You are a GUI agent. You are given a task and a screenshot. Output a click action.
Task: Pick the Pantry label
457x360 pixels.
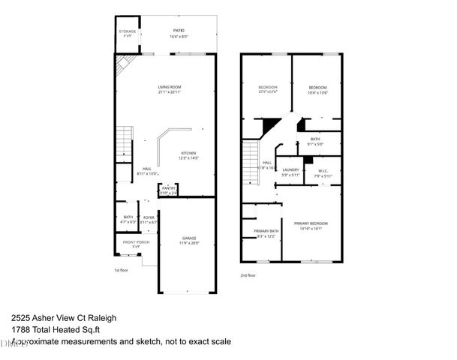click(x=169, y=189)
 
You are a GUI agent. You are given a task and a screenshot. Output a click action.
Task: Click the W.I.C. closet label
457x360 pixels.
click(x=323, y=170)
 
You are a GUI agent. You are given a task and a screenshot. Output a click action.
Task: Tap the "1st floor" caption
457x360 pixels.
click(x=122, y=271)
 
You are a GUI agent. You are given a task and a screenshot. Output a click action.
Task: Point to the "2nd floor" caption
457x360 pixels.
click(x=248, y=276)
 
